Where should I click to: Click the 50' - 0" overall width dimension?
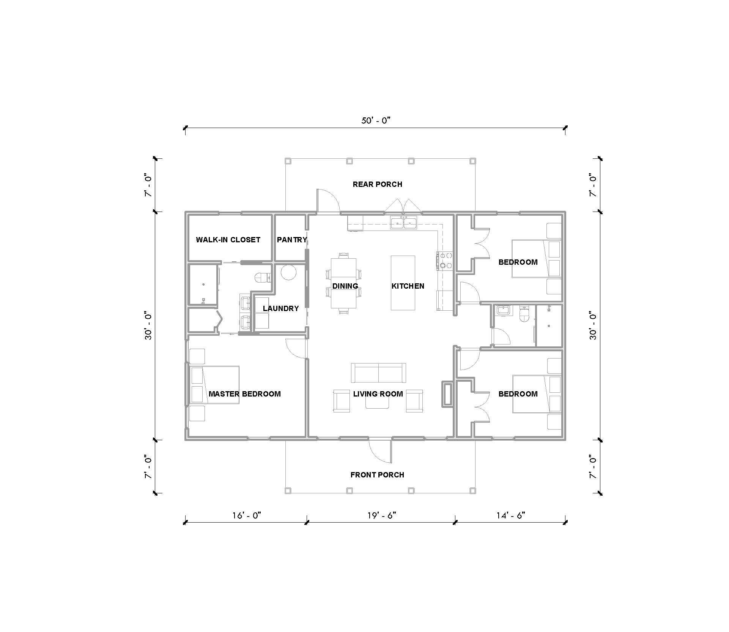pos(376,121)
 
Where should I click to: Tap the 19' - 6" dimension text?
pos(381,515)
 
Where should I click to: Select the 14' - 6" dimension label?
pos(510,515)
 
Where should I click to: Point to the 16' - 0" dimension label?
pos(247,515)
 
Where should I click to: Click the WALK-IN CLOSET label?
pos(228,240)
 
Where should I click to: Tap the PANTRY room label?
pos(291,240)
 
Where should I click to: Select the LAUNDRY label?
pos(281,308)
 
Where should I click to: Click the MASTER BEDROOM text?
pos(245,394)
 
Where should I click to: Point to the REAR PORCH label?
pos(377,184)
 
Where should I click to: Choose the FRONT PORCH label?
pos(377,475)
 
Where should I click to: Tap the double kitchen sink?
pos(404,223)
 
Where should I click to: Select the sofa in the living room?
pos(378,373)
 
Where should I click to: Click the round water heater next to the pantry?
pos(288,272)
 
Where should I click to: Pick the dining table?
pos(343,283)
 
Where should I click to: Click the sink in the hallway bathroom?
pos(504,311)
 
